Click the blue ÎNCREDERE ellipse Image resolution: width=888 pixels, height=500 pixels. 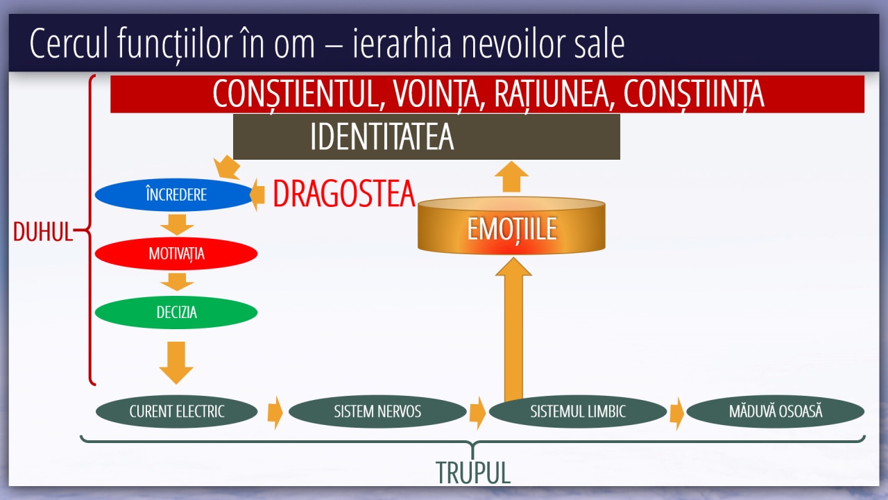click(x=175, y=194)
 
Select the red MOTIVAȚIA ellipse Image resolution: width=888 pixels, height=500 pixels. click(x=176, y=253)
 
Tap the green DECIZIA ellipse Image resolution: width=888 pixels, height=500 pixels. click(x=176, y=312)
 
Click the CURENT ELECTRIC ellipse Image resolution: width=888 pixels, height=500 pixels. click(x=176, y=412)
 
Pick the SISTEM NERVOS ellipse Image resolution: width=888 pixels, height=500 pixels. click(x=377, y=412)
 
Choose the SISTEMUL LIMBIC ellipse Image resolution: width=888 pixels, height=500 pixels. click(x=578, y=412)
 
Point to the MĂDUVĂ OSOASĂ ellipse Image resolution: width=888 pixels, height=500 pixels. click(x=776, y=412)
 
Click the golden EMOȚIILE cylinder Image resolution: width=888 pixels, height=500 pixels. click(x=511, y=226)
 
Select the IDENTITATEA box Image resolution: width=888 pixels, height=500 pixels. click(x=427, y=137)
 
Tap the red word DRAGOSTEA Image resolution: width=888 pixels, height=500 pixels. click(x=344, y=194)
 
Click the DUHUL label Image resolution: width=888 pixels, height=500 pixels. click(x=43, y=232)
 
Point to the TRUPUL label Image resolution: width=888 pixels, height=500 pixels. click(x=473, y=473)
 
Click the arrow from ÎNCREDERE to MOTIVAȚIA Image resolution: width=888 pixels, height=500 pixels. click(x=177, y=224)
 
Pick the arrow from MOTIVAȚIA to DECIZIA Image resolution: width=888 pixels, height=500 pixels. click(x=177, y=282)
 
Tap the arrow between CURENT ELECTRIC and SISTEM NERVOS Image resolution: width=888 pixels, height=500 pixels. click(x=275, y=412)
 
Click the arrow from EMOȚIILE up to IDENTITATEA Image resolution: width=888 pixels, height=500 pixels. click(x=511, y=176)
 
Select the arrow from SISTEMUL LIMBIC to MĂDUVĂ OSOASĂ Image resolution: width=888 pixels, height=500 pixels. click(x=677, y=413)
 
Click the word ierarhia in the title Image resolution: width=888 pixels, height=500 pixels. click(x=402, y=43)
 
